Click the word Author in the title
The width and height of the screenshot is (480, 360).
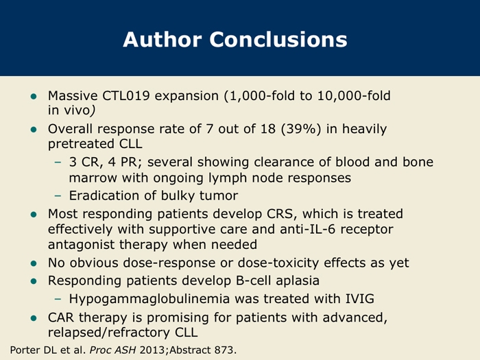pos(163,40)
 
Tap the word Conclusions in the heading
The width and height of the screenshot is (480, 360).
pos(278,40)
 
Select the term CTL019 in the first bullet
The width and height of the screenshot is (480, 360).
pos(125,96)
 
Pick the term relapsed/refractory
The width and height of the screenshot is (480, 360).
pos(108,333)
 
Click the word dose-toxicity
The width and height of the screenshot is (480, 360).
pos(278,263)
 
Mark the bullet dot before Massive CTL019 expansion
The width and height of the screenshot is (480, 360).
pos(34,97)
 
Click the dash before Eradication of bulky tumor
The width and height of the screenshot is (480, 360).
pos(58,196)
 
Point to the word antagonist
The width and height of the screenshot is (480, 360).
pos(81,245)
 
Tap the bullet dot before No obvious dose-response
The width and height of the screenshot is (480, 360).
pos(34,263)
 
